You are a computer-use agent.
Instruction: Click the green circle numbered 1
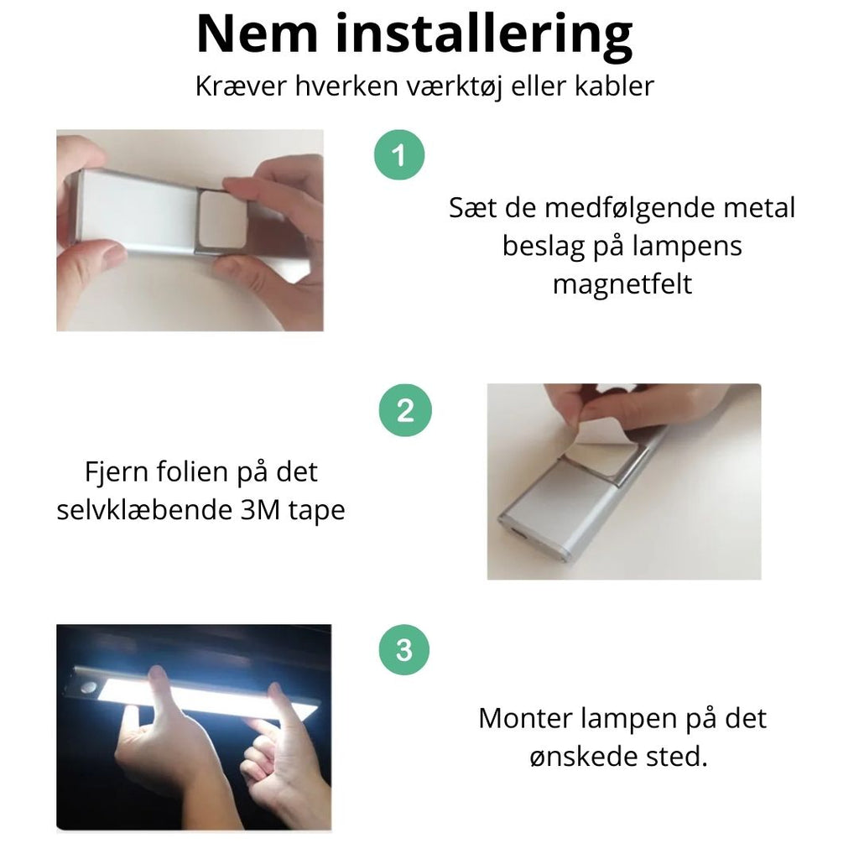(399, 155)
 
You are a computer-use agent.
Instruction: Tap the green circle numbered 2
(405, 411)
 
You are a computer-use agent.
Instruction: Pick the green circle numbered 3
(404, 650)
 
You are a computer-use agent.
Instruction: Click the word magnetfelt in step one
(622, 284)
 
